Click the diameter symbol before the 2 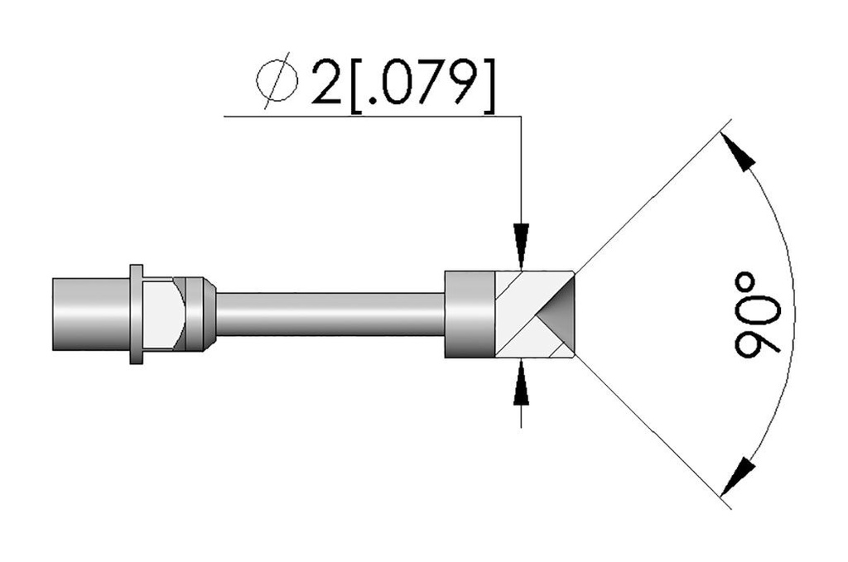coord(277,80)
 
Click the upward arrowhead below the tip coord(521,382)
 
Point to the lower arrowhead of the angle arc coord(738,477)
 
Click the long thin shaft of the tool coord(330,315)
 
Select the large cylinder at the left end coord(91,315)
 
